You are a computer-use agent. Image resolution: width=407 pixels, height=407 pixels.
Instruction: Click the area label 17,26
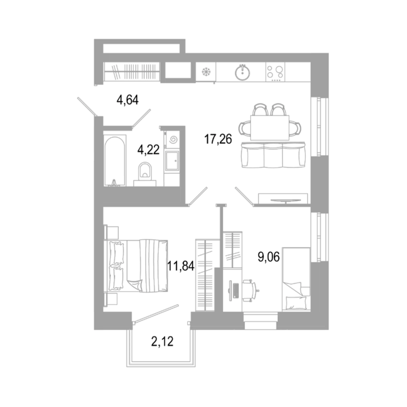[x=218, y=139]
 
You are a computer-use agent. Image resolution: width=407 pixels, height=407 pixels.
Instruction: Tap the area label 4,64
[x=127, y=100]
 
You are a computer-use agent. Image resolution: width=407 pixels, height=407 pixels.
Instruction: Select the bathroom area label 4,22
[x=148, y=150]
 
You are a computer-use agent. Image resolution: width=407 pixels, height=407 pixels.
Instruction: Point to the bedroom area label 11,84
[x=181, y=266]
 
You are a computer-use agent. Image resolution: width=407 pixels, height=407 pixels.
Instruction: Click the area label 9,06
[x=269, y=257]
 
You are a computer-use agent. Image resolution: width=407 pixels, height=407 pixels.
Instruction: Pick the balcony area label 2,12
[x=162, y=341]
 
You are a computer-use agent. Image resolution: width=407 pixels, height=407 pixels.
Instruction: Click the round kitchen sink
[x=243, y=72]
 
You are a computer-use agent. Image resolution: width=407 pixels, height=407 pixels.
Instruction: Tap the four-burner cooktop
[x=275, y=72]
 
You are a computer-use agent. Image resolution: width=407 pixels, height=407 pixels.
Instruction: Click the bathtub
[x=115, y=160]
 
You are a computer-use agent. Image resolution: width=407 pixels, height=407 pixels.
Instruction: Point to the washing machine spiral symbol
[x=173, y=140]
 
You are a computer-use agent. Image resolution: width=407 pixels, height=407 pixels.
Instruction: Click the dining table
[x=270, y=128]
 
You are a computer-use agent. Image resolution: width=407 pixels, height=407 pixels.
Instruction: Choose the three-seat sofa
[x=273, y=155]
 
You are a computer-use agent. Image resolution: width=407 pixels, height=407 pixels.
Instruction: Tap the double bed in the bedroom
[x=136, y=266]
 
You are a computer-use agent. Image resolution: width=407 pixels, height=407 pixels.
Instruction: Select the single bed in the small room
[x=296, y=279]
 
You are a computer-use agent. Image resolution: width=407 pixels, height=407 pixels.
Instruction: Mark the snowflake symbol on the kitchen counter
[x=207, y=72]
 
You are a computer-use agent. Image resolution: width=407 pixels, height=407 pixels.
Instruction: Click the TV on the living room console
[x=286, y=200]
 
